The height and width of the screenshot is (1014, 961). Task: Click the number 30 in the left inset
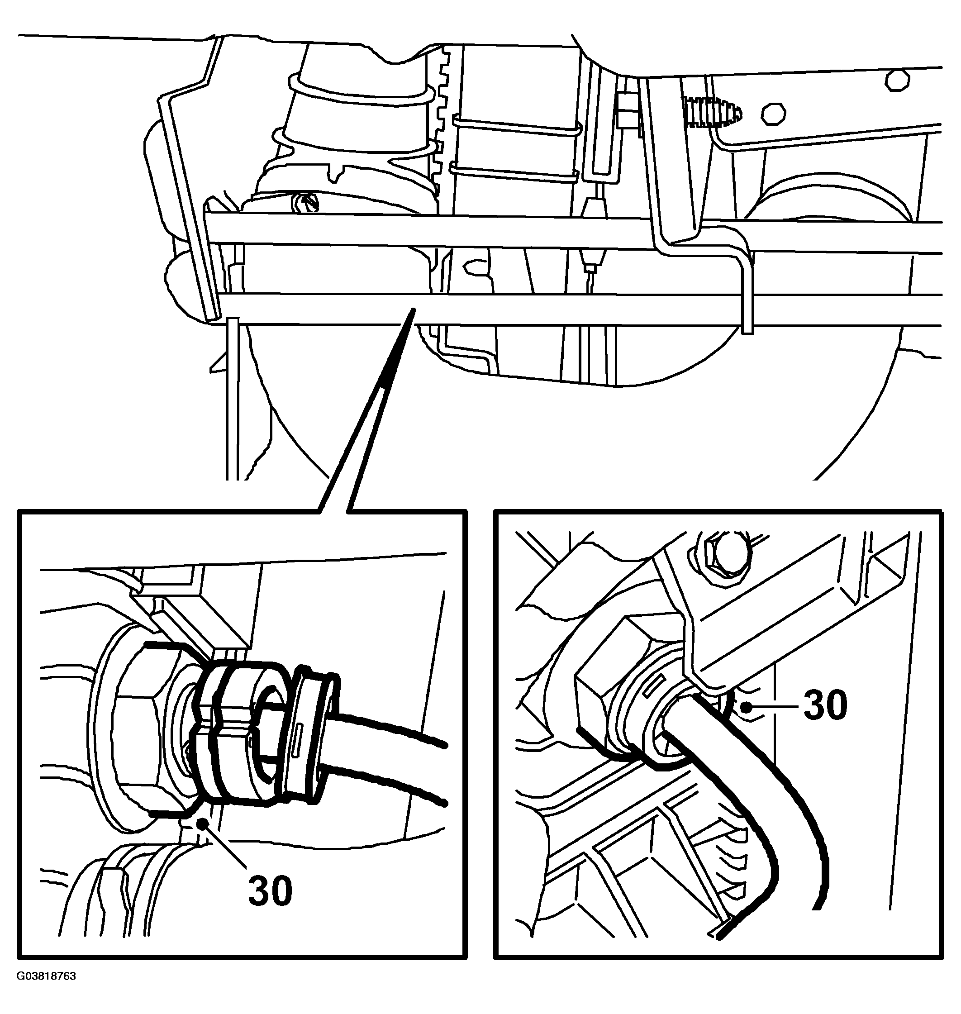(271, 890)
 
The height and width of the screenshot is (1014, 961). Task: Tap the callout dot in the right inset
(749, 708)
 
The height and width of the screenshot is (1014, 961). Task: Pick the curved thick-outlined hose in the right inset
(737, 800)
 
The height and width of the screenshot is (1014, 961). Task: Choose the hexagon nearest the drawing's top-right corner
(899, 81)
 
